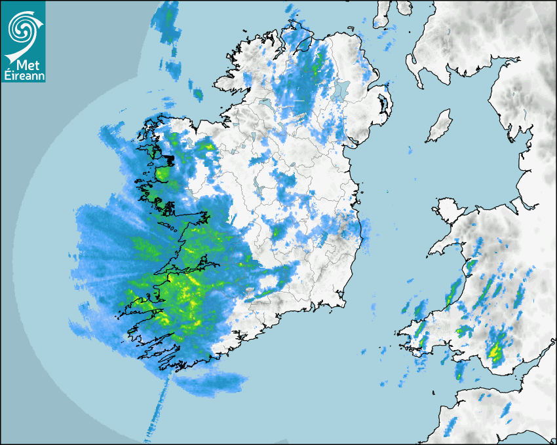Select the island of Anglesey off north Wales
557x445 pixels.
[x=447, y=213]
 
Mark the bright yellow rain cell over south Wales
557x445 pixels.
[x=496, y=353]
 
